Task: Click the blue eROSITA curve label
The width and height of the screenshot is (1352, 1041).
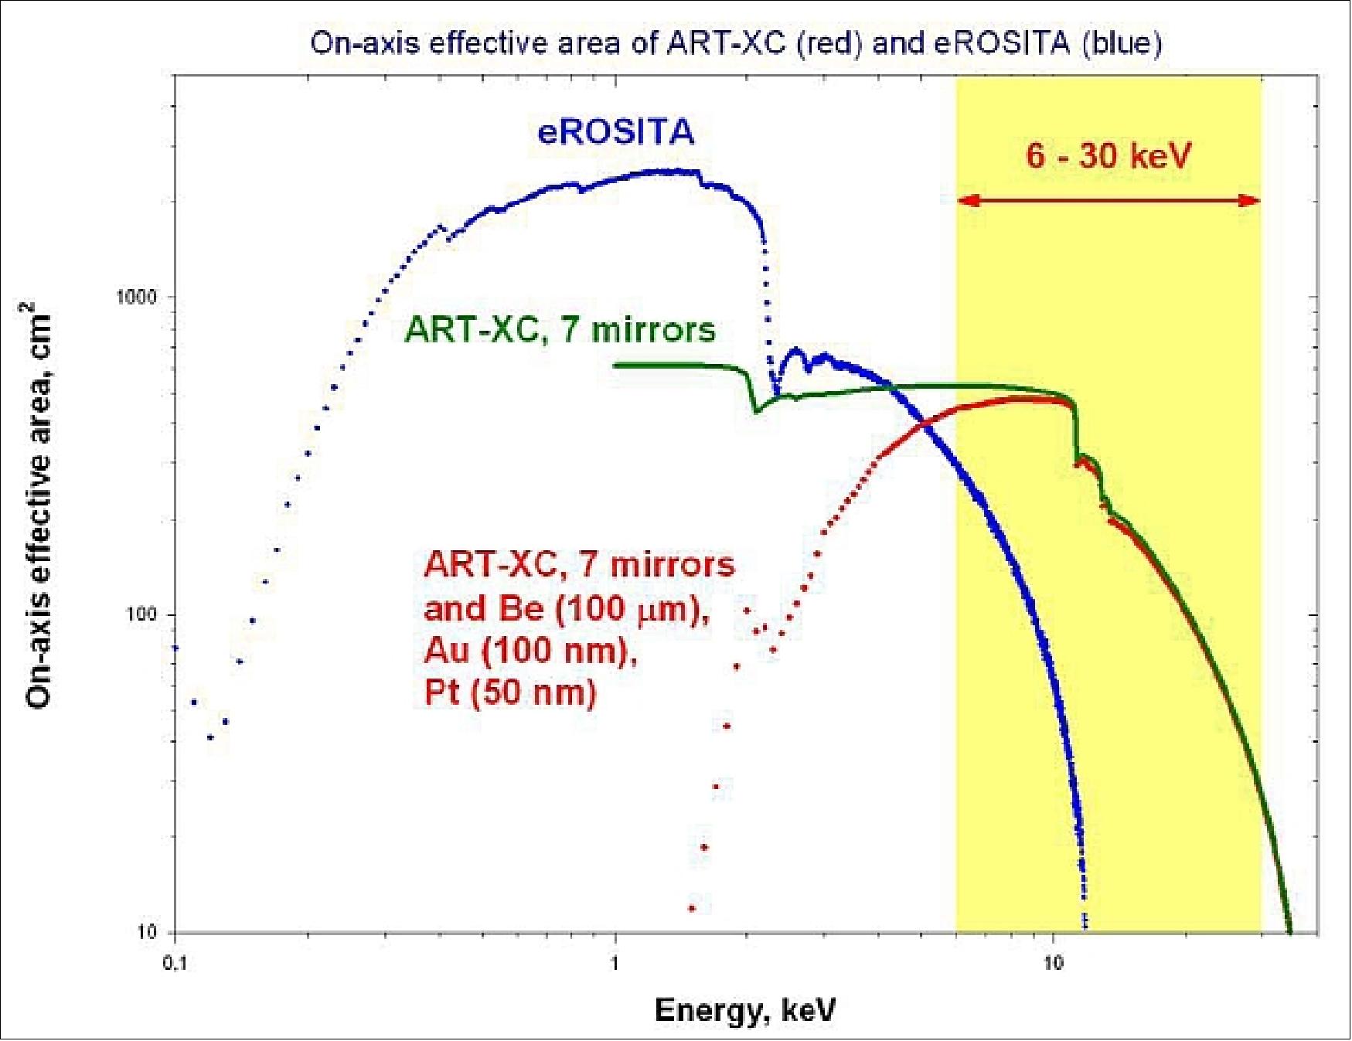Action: click(x=616, y=131)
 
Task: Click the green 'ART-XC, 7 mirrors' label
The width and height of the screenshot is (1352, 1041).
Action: click(x=560, y=330)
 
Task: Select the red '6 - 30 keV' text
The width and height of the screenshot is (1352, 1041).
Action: click(x=1108, y=156)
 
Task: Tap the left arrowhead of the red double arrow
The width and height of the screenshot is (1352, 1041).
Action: click(x=966, y=201)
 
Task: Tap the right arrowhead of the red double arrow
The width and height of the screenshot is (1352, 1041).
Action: click(x=1252, y=201)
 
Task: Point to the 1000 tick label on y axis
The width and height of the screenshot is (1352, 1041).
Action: click(x=136, y=297)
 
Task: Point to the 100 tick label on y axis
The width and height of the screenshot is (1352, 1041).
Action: click(x=141, y=614)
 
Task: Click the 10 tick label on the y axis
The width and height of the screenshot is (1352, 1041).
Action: click(x=146, y=932)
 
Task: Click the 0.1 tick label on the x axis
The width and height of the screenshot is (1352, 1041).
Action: click(x=175, y=963)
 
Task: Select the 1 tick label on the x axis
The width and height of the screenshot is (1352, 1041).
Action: click(x=615, y=963)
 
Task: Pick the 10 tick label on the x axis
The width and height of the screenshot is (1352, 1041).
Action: click(x=1053, y=963)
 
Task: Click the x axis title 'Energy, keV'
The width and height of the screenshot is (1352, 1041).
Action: click(x=745, y=1010)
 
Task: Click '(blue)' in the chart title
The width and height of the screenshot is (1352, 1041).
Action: click(x=1122, y=43)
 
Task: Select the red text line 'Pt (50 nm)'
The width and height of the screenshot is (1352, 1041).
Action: click(x=510, y=692)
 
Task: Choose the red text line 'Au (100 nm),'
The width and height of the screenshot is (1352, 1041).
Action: click(x=530, y=651)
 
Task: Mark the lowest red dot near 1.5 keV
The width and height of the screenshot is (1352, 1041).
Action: click(x=692, y=908)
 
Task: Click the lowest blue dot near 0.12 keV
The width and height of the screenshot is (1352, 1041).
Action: click(x=209, y=737)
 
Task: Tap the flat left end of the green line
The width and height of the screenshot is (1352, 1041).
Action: click(x=617, y=365)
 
